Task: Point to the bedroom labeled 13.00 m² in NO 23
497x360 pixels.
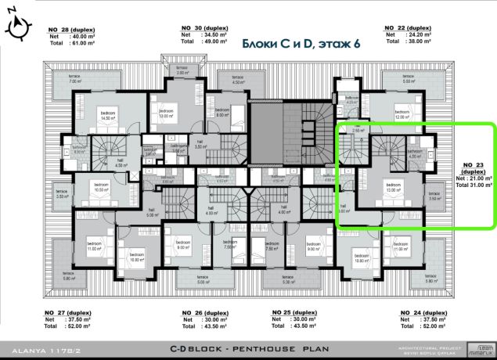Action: pos(391,187)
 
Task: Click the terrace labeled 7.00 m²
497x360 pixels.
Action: pos(75,80)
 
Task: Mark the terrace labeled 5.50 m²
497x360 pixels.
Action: pos(407,80)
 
